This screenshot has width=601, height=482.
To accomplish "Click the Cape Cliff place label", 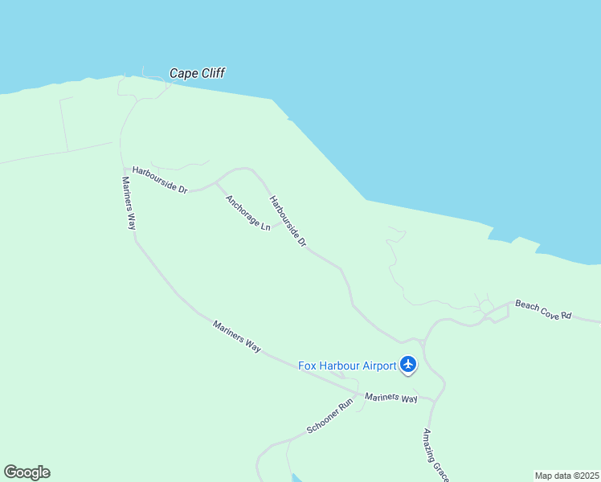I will click(197, 73).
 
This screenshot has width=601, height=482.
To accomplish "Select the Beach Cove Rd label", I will click(543, 309).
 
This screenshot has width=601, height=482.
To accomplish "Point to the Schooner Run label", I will click(329, 416).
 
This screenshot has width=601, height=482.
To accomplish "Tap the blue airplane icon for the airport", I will click(408, 365).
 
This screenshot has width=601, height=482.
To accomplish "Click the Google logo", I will click(27, 472).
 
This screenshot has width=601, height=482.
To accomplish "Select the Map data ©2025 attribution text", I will click(567, 475).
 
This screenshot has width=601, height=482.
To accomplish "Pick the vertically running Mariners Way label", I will click(129, 203).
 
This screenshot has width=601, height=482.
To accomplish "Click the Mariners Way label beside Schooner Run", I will click(391, 398).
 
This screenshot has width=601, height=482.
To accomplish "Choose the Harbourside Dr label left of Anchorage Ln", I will click(160, 179).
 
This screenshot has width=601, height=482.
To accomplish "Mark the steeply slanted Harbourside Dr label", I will click(288, 221).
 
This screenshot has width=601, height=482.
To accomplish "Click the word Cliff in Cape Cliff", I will click(211, 73).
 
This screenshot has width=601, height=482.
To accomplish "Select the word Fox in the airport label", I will click(307, 366).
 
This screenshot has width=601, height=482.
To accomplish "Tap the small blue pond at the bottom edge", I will click(296, 478).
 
